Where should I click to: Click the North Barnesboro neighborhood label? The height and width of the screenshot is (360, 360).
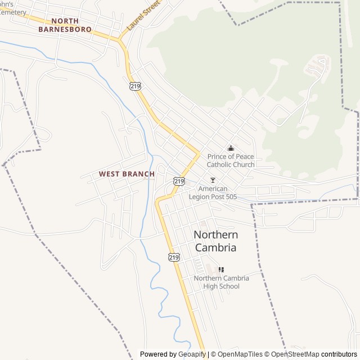[65, 25]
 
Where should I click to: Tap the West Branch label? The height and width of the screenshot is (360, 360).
[127, 174]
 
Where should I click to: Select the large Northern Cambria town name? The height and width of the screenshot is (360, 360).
[215, 241]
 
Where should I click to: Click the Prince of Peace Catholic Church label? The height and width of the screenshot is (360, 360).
[231, 160]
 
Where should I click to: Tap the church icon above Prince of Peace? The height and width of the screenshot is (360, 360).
[231, 148]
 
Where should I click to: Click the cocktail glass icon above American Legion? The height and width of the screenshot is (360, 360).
[213, 180]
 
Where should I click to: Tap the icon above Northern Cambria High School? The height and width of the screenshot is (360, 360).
[221, 270]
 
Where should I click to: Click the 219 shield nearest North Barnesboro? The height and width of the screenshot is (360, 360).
[134, 85]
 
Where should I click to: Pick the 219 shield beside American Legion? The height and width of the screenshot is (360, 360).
[179, 181]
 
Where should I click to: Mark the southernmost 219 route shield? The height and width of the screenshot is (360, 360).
[174, 256]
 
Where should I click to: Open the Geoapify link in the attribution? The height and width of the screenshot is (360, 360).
[191, 354]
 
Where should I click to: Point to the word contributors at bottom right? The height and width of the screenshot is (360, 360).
[339, 354]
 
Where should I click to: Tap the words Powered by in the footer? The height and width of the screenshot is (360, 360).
[157, 354]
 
